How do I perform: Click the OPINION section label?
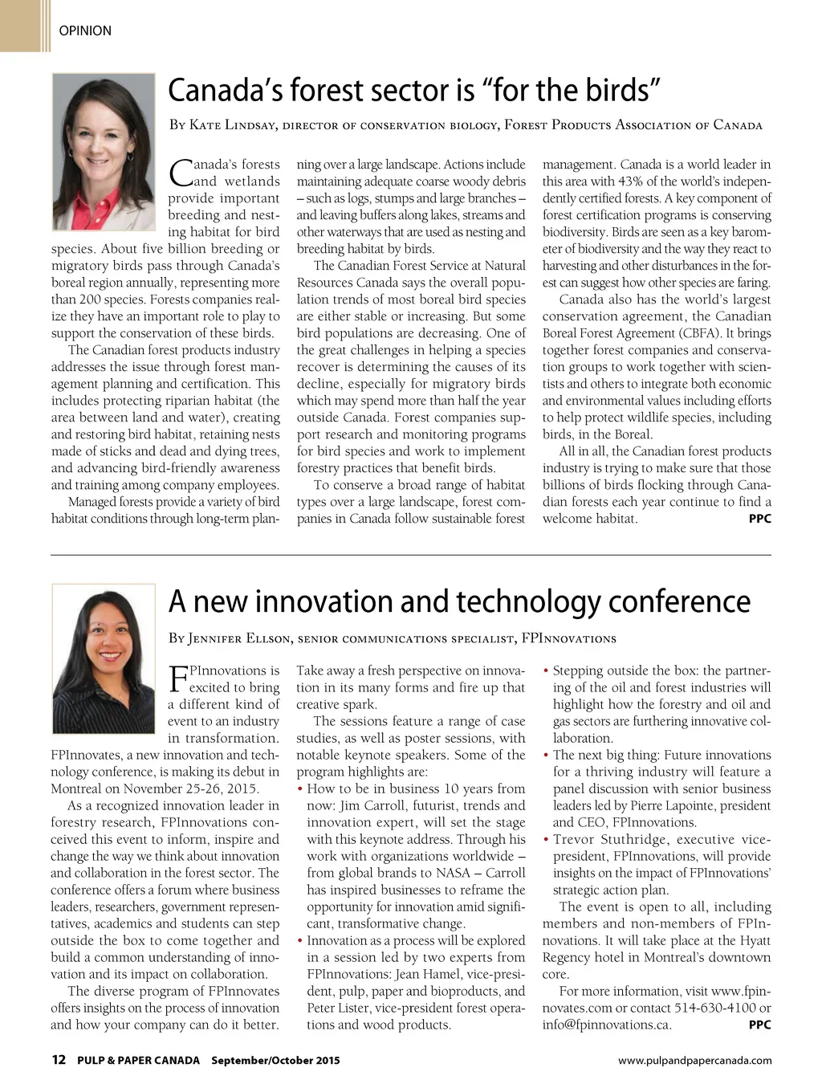85,31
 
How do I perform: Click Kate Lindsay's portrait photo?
104,152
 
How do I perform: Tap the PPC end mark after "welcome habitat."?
759,519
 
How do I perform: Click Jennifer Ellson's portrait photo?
104,658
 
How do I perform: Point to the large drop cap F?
177,678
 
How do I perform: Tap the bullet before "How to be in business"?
299,788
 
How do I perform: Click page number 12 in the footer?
59,1060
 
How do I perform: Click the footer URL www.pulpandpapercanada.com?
694,1061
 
